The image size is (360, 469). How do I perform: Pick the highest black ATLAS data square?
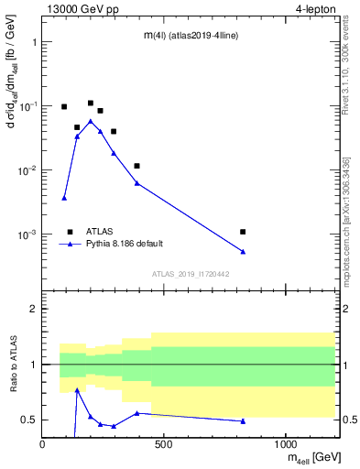click(x=91, y=104)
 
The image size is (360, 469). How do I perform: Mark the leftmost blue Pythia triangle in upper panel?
click(x=64, y=198)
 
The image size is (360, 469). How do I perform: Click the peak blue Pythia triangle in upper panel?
click(x=90, y=121)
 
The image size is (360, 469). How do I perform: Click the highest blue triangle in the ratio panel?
click(x=77, y=389)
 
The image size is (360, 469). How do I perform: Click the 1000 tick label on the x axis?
click(x=284, y=444)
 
